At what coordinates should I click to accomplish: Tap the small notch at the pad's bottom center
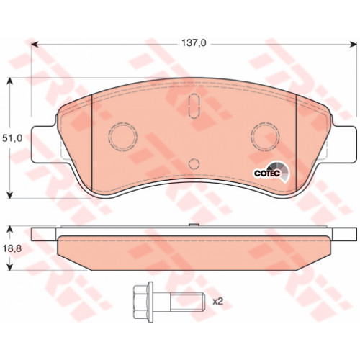192,164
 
